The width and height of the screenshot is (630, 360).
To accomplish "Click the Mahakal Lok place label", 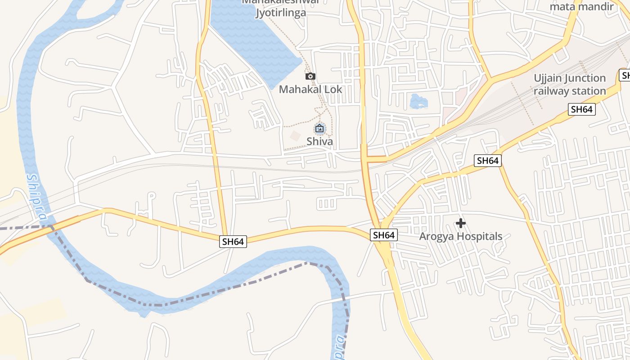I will (x=310, y=89).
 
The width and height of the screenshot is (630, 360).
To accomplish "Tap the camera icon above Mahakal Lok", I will (x=310, y=76).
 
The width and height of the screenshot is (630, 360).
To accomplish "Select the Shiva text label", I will (x=319, y=141).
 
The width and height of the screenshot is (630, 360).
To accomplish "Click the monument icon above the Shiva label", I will (x=319, y=129).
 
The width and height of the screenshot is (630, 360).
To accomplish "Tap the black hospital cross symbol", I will (x=461, y=223).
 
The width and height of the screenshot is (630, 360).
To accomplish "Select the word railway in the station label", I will (x=551, y=91).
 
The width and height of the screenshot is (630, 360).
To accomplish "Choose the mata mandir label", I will (x=582, y=7).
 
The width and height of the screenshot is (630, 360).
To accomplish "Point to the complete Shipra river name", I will (x=36, y=197).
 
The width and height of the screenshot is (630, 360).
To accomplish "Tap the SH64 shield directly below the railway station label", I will (x=581, y=109).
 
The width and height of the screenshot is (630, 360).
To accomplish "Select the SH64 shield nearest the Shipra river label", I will (x=233, y=242).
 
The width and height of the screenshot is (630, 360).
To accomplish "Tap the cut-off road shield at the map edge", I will (x=625, y=75).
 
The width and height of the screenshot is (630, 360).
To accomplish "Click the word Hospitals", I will (x=480, y=237).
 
